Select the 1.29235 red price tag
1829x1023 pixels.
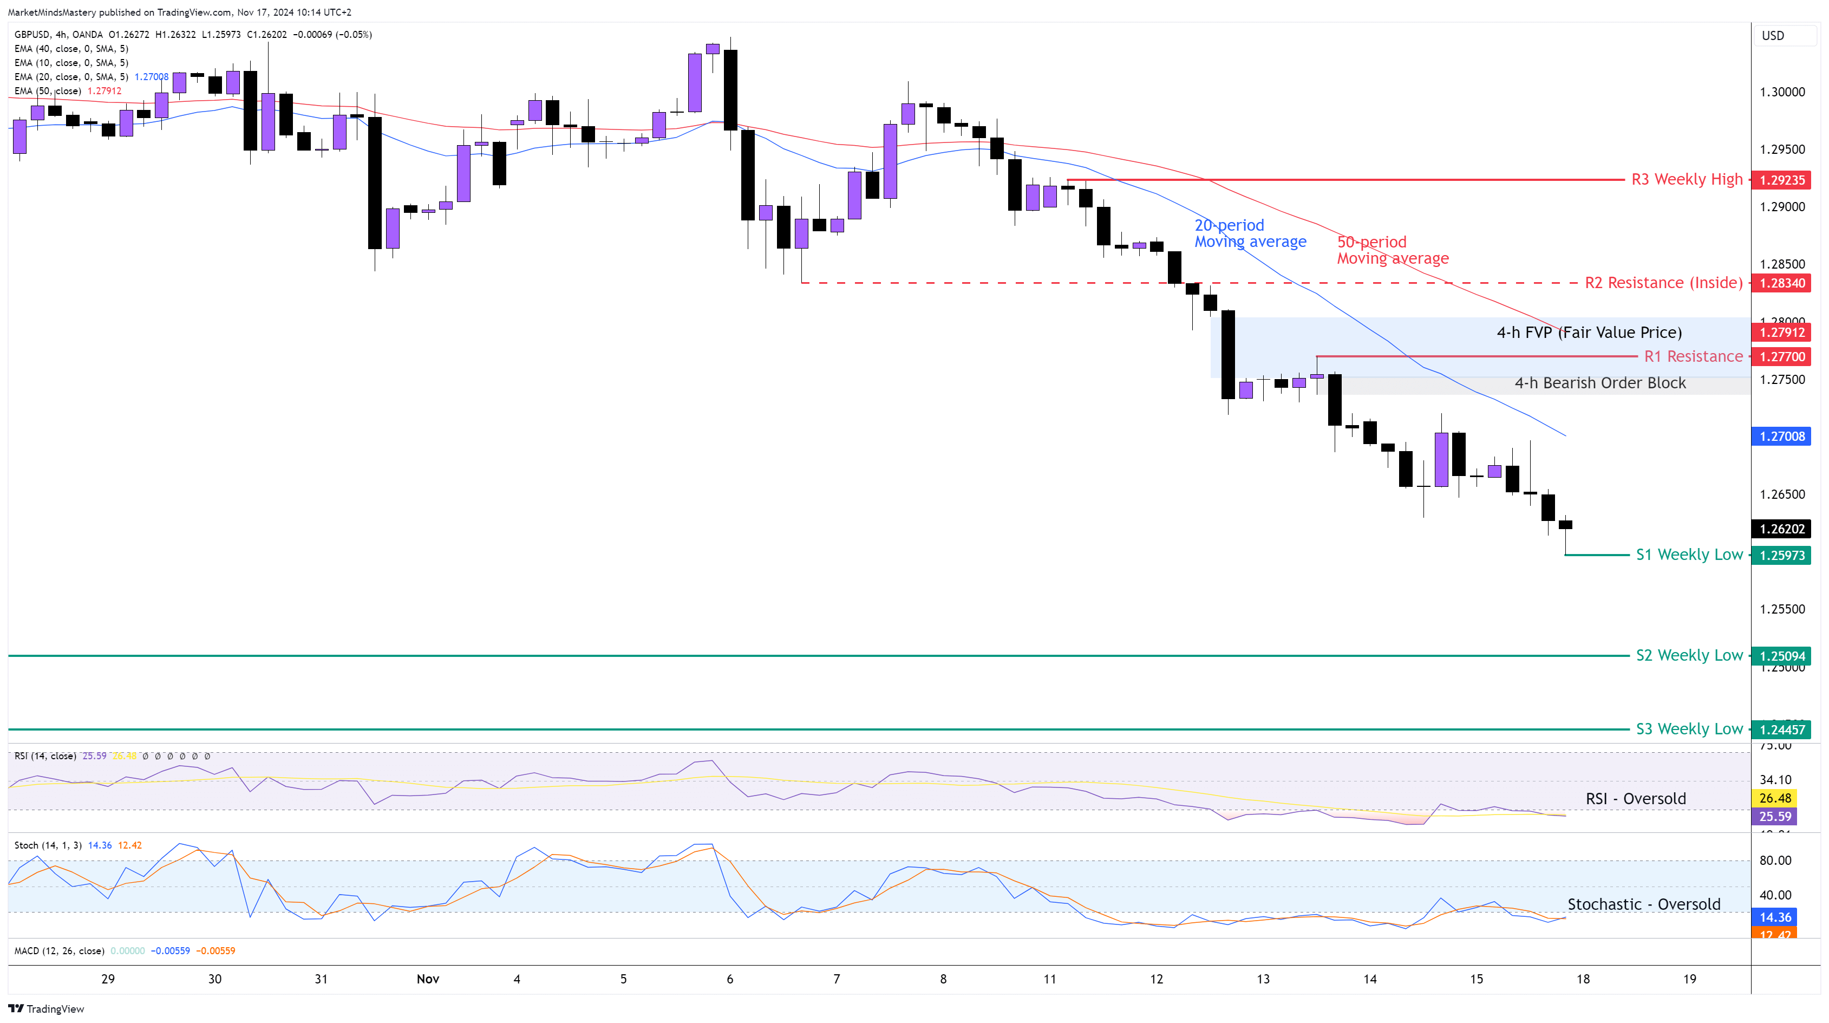tap(1781, 180)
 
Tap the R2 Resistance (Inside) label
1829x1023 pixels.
tap(1663, 283)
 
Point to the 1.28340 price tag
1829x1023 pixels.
tap(1781, 284)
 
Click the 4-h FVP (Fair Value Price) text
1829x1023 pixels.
tap(1589, 332)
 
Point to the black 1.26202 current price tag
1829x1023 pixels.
tap(1781, 529)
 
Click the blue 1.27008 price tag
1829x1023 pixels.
tap(1781, 436)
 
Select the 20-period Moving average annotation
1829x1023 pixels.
tap(1250, 233)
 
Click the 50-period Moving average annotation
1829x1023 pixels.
tap(1392, 251)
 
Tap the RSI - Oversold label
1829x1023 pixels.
tap(1635, 799)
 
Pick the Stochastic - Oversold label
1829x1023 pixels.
tap(1643, 904)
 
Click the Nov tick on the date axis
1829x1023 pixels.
tap(427, 979)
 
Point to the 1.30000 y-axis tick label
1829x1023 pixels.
tap(1781, 92)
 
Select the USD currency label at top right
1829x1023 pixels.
tap(1772, 36)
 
